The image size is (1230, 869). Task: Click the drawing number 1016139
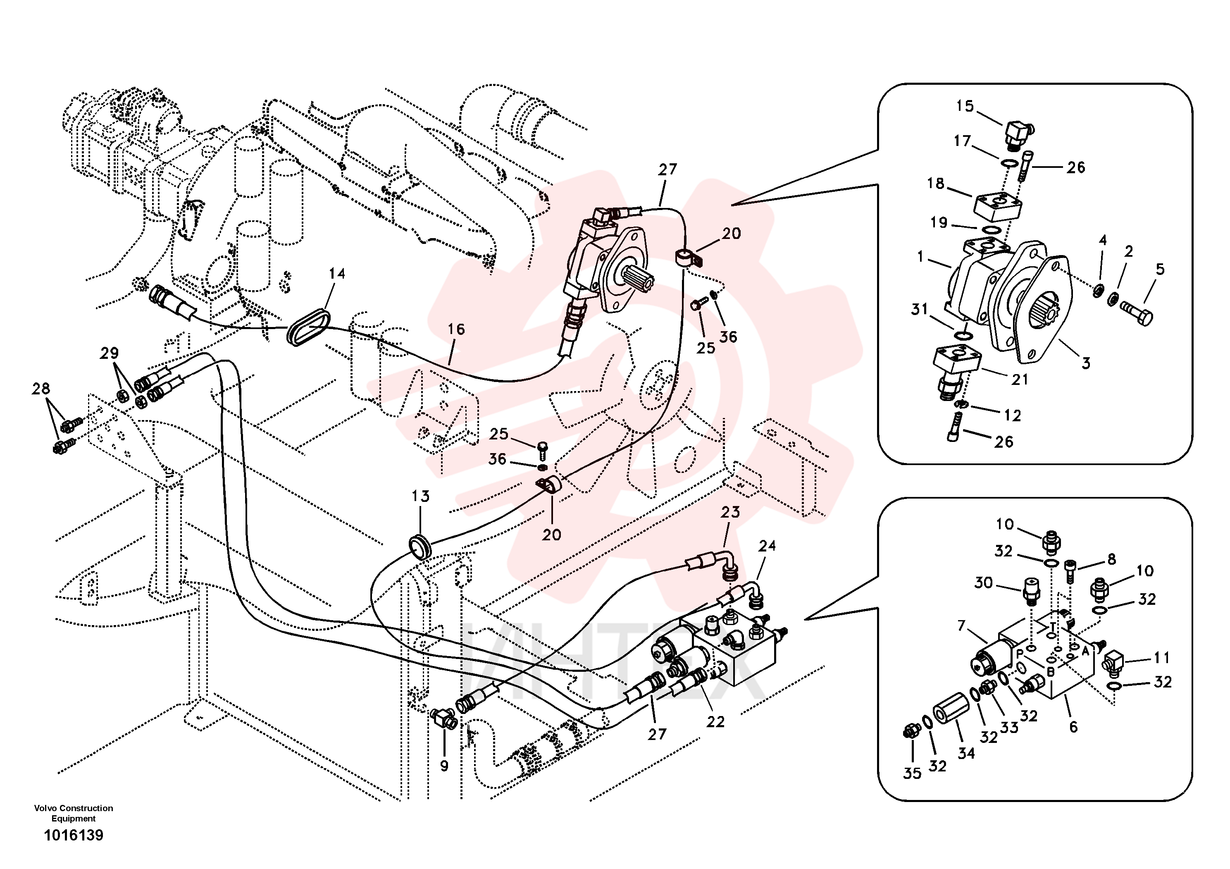click(x=74, y=835)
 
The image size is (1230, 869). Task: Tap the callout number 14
click(x=337, y=274)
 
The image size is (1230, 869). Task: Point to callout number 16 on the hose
click(x=456, y=329)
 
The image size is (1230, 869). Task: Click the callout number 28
click(x=41, y=389)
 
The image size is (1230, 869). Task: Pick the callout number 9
click(x=444, y=766)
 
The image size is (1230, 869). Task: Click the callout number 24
click(x=767, y=546)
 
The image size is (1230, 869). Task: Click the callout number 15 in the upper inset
click(x=965, y=106)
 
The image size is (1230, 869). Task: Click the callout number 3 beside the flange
click(x=1086, y=363)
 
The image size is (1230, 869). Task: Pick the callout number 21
click(x=1020, y=380)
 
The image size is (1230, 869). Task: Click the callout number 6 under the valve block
click(x=1073, y=727)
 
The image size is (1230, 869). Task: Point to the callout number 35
click(x=912, y=773)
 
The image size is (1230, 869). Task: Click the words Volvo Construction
click(x=74, y=808)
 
